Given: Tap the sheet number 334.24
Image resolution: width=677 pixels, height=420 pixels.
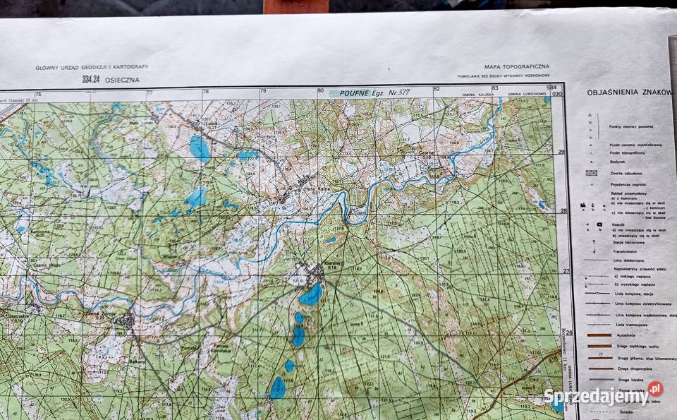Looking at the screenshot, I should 90,79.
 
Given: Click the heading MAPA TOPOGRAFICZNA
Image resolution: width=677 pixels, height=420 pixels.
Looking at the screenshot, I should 516,67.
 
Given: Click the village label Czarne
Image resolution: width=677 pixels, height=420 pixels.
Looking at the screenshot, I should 425,152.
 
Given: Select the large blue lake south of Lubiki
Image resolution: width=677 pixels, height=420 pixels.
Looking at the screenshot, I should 199,148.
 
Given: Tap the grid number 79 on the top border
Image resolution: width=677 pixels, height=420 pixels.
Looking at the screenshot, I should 262,91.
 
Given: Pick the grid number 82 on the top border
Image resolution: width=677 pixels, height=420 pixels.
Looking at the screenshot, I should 437,90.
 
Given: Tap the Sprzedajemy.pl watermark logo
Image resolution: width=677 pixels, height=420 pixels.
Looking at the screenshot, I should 603,396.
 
